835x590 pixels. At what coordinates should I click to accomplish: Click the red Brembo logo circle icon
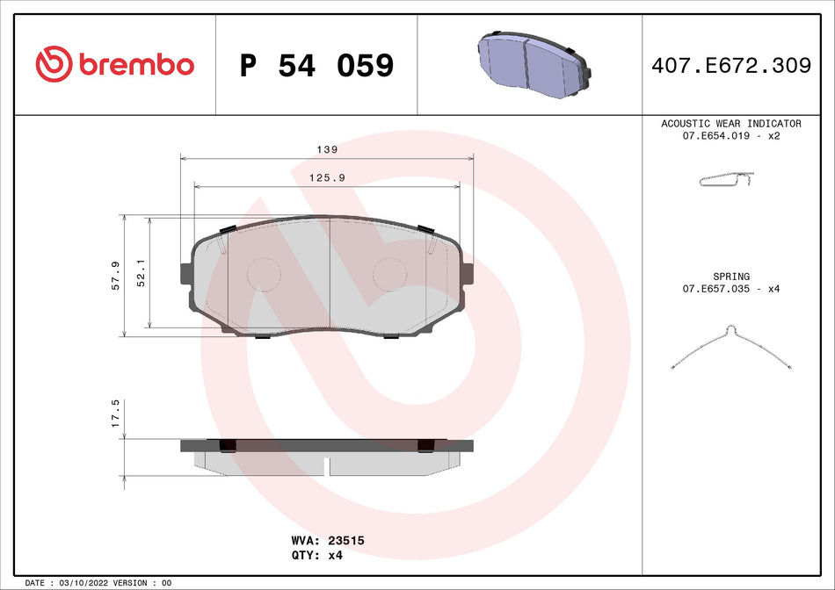(x=53, y=64)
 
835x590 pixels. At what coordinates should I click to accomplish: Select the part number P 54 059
(x=316, y=66)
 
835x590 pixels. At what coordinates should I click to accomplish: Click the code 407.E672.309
(x=730, y=66)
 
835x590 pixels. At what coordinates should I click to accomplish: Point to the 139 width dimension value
(x=326, y=149)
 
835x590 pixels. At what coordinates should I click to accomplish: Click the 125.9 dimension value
(x=326, y=177)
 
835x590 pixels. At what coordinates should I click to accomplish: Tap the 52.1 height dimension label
(x=141, y=276)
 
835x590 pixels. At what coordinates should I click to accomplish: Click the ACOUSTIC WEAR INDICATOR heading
(x=730, y=124)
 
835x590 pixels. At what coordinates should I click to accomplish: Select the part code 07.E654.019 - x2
(x=730, y=137)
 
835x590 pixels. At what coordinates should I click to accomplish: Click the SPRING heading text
(x=730, y=277)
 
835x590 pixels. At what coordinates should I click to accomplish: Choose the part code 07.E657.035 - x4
(x=730, y=289)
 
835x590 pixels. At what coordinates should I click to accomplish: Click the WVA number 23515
(x=345, y=542)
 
